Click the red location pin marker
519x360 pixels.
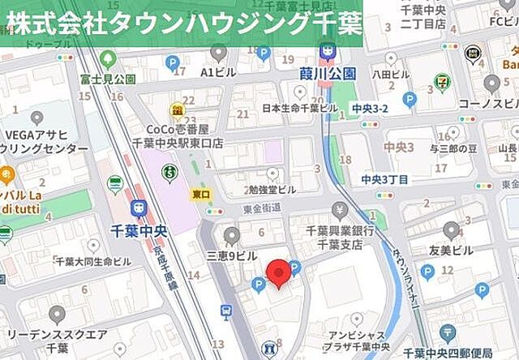point(279,272)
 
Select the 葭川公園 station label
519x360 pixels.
point(327,73)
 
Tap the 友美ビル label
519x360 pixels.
point(453,252)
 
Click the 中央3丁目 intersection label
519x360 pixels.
point(384,179)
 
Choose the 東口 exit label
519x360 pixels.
point(201,195)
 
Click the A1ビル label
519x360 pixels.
point(217,71)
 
